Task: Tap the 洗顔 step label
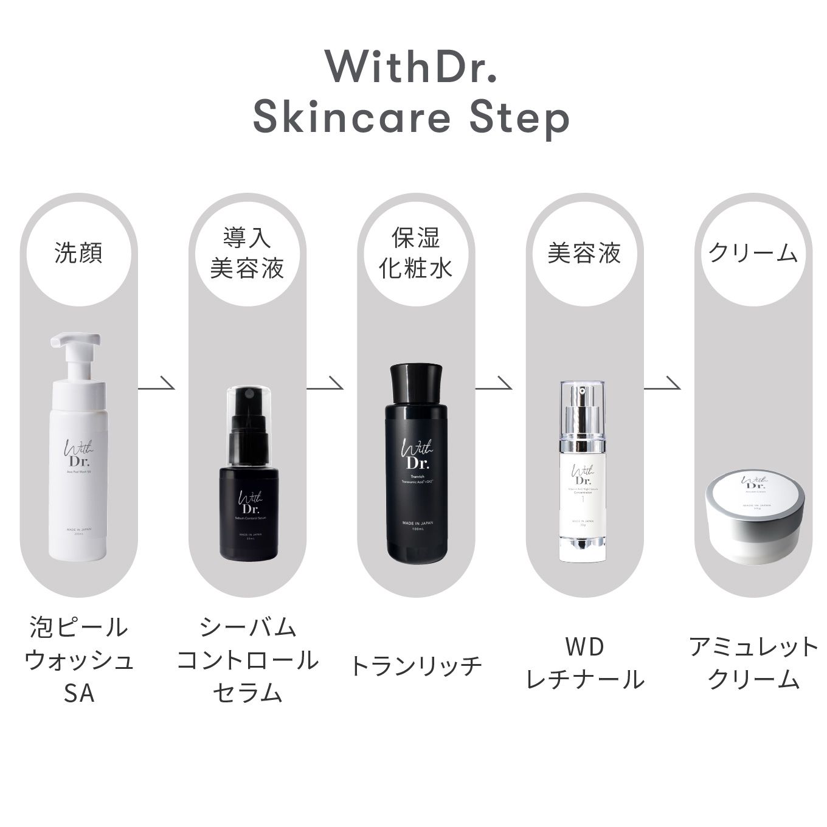[x=78, y=253]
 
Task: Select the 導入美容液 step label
[x=247, y=253]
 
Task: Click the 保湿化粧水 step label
[x=416, y=253]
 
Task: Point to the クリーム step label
[x=753, y=253]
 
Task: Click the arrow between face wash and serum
[x=157, y=384]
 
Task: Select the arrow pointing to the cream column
[x=662, y=384]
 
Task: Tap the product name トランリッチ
[x=416, y=665]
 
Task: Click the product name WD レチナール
[x=584, y=663]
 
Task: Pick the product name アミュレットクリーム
[x=753, y=663]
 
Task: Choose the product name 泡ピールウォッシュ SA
[x=79, y=660]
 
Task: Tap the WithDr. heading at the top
[x=411, y=66]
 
